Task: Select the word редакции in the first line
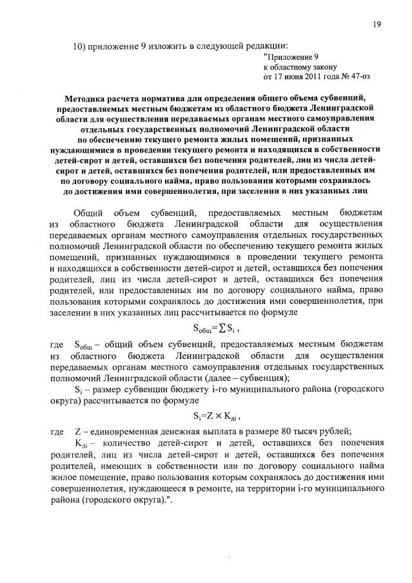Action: pyautogui.click(x=265, y=45)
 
